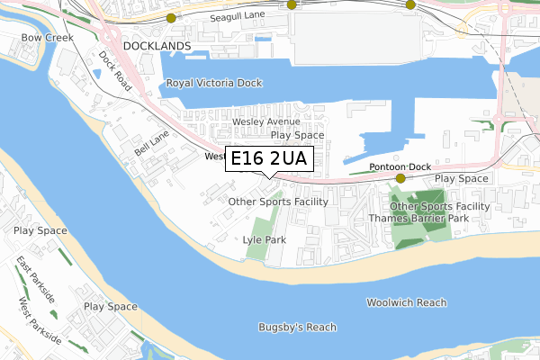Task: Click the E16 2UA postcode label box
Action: click(268, 159)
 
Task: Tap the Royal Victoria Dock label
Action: click(213, 83)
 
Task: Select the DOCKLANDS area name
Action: click(157, 45)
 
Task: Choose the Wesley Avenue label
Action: click(265, 121)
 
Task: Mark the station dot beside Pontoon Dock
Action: click(400, 178)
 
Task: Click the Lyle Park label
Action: click(264, 240)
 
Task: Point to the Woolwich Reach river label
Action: click(406, 302)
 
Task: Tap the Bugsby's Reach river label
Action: click(296, 326)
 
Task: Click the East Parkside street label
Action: click(35, 278)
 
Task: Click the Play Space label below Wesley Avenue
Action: click(297, 135)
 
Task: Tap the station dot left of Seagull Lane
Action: click(171, 17)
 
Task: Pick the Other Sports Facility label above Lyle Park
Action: click(278, 202)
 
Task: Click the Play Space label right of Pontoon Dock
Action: click(462, 178)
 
